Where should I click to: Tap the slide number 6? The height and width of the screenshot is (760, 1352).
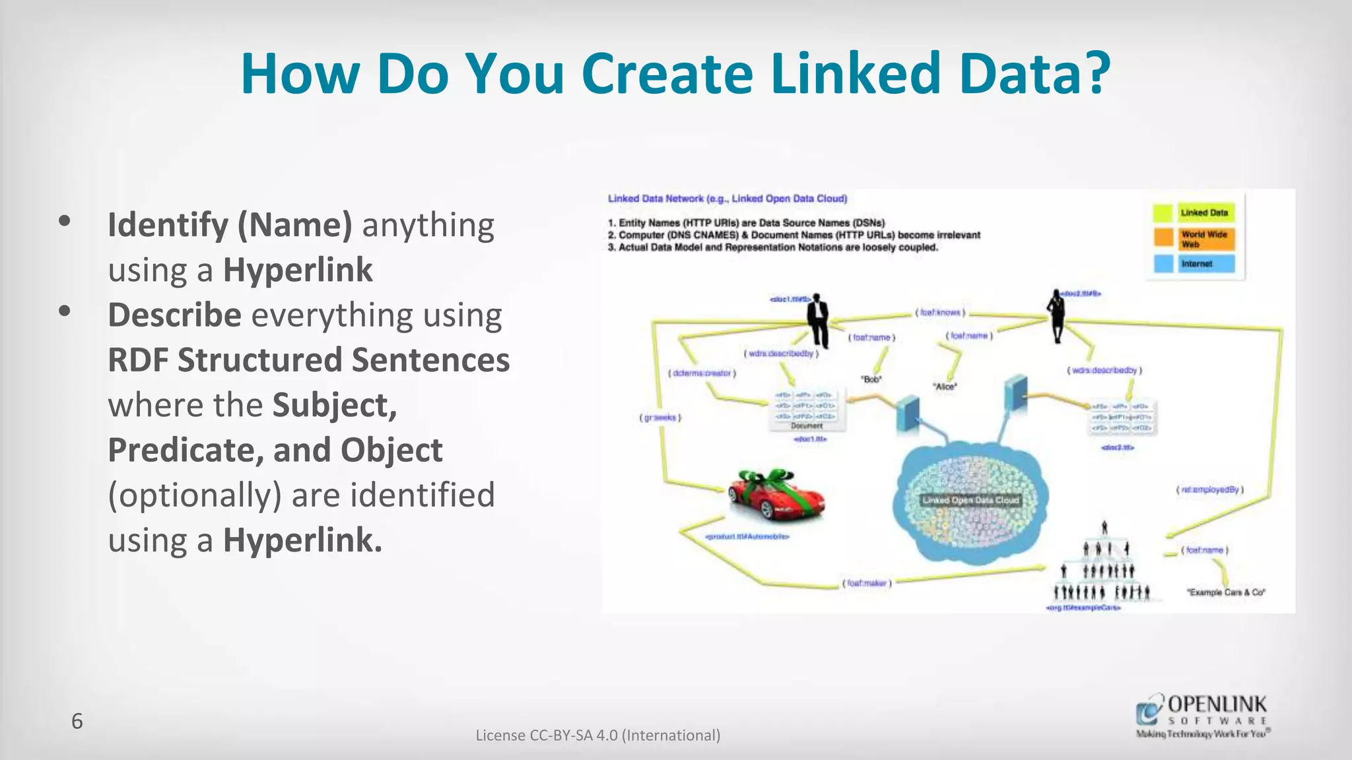click(x=77, y=721)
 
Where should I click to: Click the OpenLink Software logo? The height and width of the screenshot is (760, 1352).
click(x=1202, y=716)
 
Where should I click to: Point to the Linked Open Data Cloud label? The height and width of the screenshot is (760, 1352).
click(x=970, y=500)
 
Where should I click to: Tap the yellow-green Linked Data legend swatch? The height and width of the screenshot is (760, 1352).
click(x=1163, y=213)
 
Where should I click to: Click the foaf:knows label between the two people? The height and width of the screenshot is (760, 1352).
click(x=940, y=312)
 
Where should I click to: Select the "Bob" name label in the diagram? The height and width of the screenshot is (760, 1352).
click(x=871, y=379)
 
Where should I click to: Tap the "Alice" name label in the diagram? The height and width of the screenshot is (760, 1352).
click(x=945, y=387)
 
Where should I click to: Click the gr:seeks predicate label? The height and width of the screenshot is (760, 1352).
click(x=659, y=418)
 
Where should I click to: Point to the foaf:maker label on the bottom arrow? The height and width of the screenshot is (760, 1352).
click(x=867, y=583)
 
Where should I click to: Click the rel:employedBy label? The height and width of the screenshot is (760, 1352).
click(x=1209, y=490)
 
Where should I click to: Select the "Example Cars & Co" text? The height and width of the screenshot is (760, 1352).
click(x=1226, y=592)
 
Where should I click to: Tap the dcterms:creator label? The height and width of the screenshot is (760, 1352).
click(x=702, y=373)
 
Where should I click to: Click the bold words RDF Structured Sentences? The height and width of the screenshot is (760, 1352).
click(x=308, y=360)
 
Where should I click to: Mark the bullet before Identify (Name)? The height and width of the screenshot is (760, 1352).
click(x=64, y=222)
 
